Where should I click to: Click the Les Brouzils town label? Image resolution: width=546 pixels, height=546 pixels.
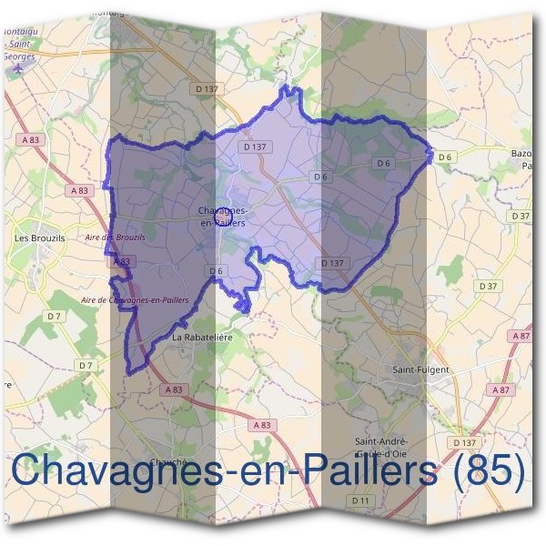[35, 238]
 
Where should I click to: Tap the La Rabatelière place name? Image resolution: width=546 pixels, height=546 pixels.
[203, 337]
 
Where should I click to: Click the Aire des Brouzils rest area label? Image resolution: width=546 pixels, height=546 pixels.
[115, 238]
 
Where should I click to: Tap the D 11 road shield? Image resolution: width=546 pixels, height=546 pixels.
[361, 501]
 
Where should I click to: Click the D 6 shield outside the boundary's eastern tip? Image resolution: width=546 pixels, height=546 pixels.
[445, 157]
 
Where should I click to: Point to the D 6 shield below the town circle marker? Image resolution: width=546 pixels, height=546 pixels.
[216, 271]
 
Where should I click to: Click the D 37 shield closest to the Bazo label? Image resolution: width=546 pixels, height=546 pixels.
[520, 216]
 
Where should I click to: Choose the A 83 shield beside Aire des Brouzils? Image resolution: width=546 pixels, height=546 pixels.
[122, 261]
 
